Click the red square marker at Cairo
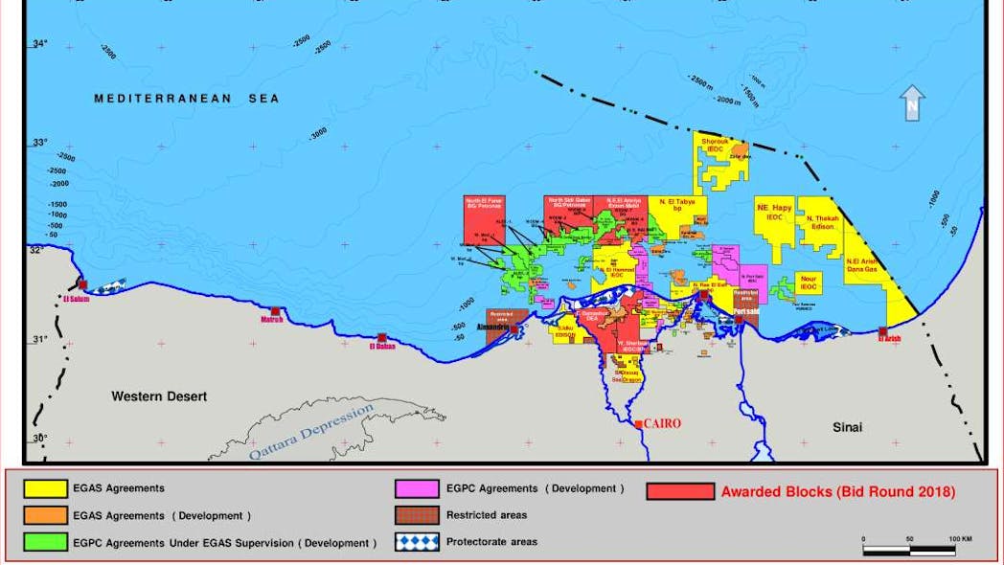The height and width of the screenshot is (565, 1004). [639, 423]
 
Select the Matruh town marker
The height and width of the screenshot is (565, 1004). [275, 319]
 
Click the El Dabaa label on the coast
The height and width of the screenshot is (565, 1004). [382, 347]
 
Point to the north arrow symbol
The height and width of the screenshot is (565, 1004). [913, 102]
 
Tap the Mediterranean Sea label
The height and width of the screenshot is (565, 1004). [187, 99]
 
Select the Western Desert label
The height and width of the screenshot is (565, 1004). [159, 395]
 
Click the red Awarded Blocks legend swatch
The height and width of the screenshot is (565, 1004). [680, 491]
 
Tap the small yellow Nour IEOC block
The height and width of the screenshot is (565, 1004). [810, 282]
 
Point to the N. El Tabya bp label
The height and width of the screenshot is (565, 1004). [677, 205]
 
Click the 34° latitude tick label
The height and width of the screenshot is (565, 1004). [39, 44]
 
